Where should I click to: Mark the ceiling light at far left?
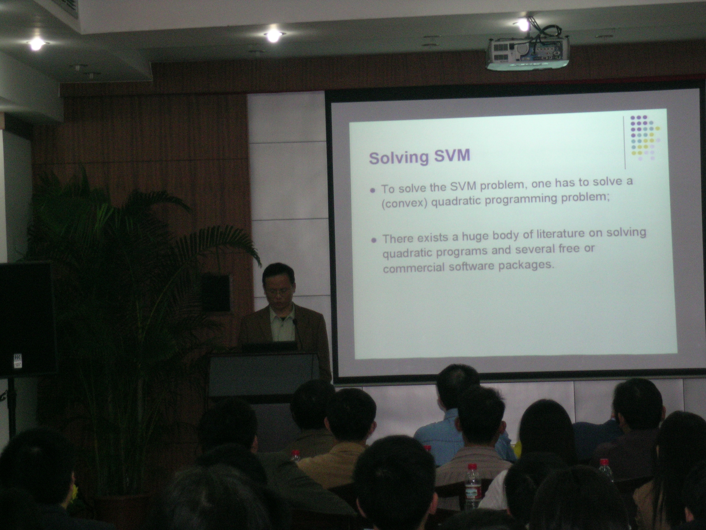(x=36, y=44)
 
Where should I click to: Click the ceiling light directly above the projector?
(x=524, y=25)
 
